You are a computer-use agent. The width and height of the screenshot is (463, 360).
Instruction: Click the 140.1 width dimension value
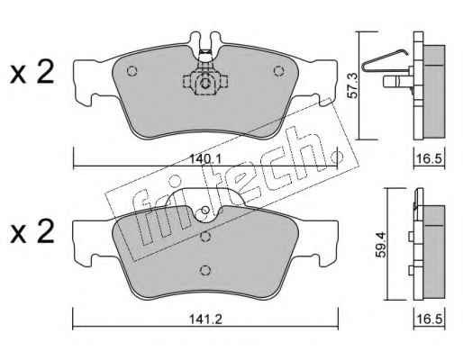(205, 159)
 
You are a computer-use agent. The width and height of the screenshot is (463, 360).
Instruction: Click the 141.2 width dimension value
(205, 319)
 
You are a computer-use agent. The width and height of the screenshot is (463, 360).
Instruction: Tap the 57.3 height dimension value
(353, 85)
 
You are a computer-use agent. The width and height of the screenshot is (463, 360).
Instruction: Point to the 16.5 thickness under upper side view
(430, 159)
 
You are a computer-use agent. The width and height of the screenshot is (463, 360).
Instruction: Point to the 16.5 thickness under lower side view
(430, 319)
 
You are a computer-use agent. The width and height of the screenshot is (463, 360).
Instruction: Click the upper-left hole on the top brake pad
(132, 71)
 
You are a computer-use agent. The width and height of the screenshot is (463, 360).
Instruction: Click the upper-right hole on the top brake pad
(278, 71)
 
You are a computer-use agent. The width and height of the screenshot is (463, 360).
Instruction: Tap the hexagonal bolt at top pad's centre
(205, 83)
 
